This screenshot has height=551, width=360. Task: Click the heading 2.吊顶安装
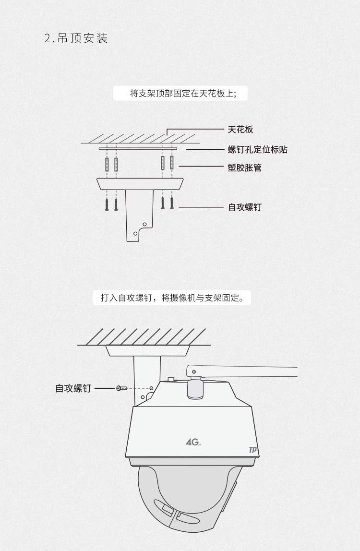pos(76,38)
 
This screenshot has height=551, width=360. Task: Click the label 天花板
pos(240,129)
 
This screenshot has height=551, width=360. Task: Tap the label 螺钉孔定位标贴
pos(258,150)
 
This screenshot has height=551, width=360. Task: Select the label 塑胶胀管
pos(244,168)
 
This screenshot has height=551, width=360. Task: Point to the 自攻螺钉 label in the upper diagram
pos(244,207)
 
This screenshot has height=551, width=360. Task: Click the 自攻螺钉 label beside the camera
pos(73,388)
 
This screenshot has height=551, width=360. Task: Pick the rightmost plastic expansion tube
pos(172,163)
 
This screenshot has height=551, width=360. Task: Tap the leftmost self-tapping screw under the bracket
pos(107,204)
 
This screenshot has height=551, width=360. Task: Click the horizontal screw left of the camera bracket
pos(121,388)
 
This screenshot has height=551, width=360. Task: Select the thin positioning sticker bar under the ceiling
pos(138,149)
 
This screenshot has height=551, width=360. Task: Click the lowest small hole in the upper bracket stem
pos(135,233)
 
